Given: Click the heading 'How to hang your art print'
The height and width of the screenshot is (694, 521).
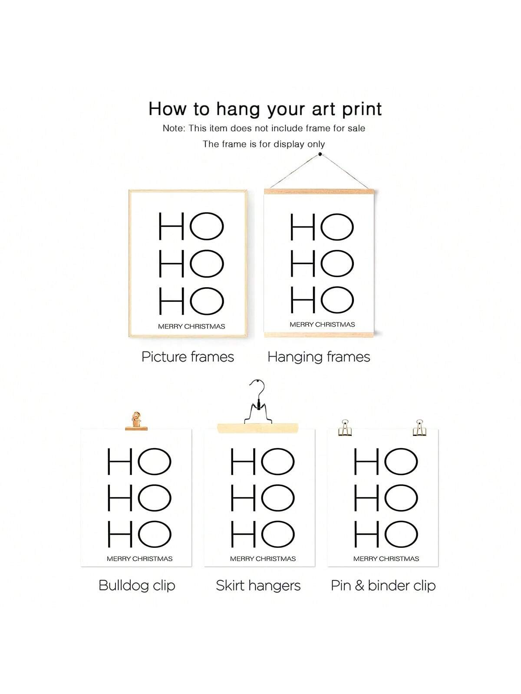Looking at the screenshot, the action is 265,109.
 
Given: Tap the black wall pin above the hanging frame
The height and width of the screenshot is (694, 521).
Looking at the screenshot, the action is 320,154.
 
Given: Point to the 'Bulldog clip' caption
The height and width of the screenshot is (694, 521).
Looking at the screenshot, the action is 137,586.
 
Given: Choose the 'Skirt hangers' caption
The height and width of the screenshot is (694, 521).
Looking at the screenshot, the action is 258,586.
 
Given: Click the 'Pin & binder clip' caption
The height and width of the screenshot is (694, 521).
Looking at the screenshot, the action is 383,586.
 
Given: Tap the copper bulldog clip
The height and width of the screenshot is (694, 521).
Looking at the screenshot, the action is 136,422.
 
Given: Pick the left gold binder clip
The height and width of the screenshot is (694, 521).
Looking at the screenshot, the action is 345,428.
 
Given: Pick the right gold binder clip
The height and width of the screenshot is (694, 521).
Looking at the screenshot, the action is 419,428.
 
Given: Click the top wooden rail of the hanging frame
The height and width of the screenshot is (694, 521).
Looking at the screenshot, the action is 319,191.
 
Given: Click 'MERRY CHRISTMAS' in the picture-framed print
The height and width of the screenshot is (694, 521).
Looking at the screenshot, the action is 191,326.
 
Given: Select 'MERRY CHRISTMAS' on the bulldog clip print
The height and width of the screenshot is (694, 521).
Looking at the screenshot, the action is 139,559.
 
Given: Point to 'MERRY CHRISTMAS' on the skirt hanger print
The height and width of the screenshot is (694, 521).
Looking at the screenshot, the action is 263,559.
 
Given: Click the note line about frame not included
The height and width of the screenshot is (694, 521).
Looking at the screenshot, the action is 264,128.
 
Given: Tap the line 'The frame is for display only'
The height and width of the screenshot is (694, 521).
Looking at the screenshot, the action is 264,144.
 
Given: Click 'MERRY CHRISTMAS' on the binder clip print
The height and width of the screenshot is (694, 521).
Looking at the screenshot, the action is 386,559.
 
